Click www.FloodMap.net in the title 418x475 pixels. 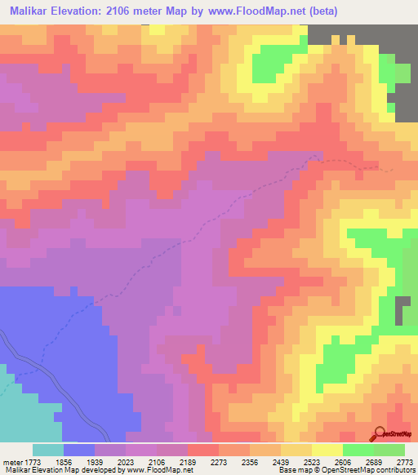[x=248, y=11]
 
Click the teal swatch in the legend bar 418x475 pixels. [x=48, y=450]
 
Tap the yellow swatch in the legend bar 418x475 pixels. [x=327, y=450]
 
